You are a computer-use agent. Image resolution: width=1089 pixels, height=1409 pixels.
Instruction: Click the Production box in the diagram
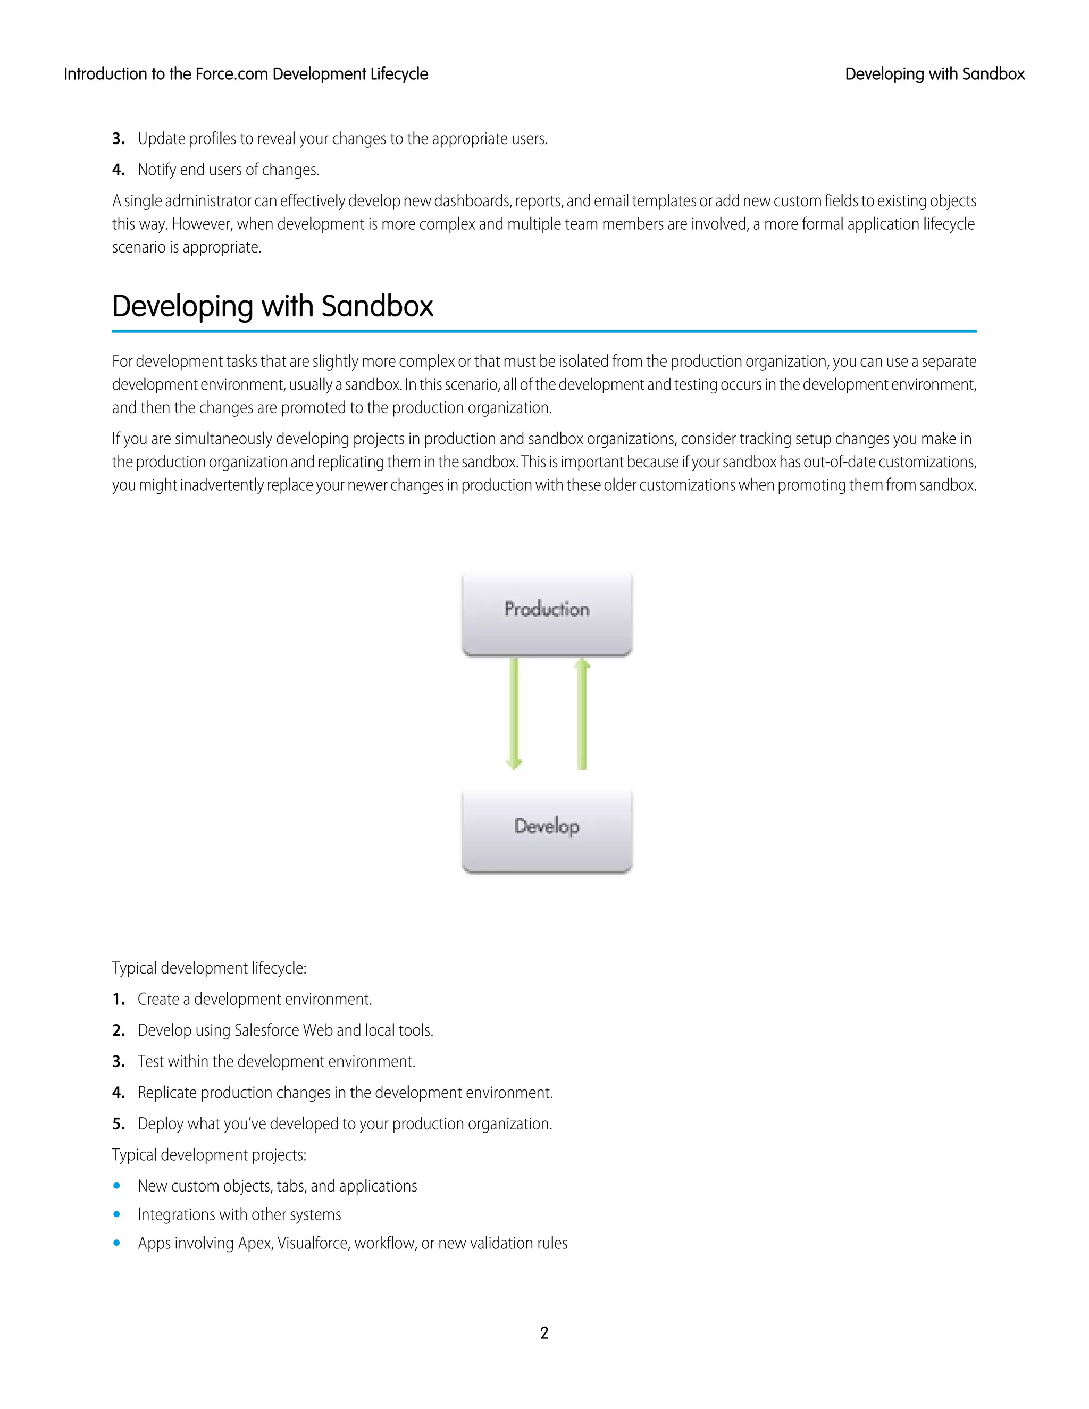(547, 614)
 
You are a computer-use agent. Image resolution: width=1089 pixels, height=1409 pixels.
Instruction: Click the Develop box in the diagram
(547, 831)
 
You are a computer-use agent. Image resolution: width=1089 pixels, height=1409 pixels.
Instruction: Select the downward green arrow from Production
(514, 713)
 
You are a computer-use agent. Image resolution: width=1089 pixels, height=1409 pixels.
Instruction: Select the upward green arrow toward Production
(582, 713)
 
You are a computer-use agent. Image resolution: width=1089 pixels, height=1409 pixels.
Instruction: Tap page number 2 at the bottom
(544, 1332)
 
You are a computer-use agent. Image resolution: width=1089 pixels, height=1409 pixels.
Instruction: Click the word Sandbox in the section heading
(378, 306)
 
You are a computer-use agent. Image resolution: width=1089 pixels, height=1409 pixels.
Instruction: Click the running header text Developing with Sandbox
(934, 74)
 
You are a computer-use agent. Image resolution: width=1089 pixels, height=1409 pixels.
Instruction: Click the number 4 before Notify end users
(118, 170)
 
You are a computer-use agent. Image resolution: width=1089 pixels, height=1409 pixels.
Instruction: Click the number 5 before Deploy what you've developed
(118, 1124)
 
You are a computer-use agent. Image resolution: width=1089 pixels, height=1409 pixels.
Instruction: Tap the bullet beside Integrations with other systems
(117, 1214)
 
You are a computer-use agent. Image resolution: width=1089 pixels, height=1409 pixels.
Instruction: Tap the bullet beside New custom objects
(117, 1186)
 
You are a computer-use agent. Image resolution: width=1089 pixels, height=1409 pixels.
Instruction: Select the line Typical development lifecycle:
(209, 968)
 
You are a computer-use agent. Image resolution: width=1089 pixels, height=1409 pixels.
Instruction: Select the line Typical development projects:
(209, 1155)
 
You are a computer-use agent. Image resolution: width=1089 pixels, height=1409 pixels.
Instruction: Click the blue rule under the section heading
(544, 331)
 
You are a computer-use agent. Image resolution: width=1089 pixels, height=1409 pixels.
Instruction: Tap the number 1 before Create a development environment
(118, 1000)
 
